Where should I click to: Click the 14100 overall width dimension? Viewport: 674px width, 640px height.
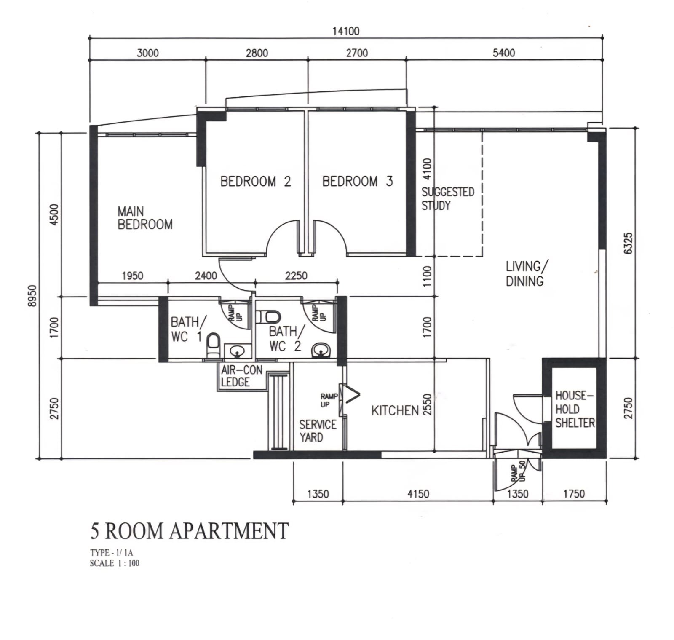(x=346, y=31)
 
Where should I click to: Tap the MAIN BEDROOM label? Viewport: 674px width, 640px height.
(x=145, y=217)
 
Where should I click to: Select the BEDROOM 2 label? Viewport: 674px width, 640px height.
(x=256, y=181)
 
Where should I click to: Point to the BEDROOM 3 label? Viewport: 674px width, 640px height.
(x=358, y=181)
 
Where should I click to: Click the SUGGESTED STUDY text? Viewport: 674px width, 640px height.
(x=448, y=199)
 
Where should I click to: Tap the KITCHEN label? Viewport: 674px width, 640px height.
(x=395, y=410)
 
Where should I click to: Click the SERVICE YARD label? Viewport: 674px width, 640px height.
(x=318, y=431)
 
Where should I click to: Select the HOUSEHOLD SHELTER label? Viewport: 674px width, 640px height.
(x=575, y=409)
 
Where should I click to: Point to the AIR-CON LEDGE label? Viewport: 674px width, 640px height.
(x=241, y=376)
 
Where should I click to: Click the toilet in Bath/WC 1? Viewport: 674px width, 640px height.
(x=214, y=345)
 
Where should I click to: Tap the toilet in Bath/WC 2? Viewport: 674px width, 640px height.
(x=268, y=316)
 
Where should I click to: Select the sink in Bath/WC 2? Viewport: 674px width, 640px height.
(x=322, y=350)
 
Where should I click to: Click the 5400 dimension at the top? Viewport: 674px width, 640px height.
(x=504, y=53)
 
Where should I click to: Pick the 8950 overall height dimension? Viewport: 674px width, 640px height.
(x=32, y=296)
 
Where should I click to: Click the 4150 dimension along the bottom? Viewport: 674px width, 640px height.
(x=418, y=494)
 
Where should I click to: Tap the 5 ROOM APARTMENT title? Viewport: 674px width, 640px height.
(x=190, y=531)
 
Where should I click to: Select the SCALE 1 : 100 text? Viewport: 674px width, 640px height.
(x=115, y=563)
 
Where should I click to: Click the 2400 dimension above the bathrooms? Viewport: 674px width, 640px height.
(x=206, y=276)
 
